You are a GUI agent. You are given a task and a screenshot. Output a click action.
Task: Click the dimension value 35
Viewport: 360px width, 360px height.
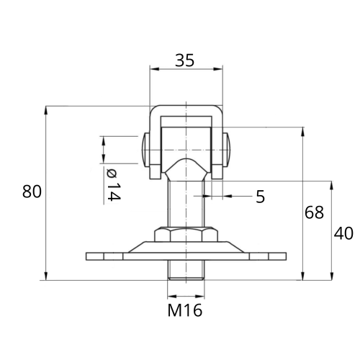point(184,60)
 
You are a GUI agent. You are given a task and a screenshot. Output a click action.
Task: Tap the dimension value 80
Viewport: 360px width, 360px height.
point(32,192)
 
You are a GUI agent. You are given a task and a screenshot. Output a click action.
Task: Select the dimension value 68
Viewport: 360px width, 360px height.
point(314,212)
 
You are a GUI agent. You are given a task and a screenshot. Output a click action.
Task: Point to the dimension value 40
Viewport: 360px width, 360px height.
point(343,233)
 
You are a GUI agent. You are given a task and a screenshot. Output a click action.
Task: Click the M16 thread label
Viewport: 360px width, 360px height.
point(185,310)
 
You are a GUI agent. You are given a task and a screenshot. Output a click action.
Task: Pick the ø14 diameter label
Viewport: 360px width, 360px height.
point(113,185)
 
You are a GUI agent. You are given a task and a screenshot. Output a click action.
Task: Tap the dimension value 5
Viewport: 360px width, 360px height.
point(260,197)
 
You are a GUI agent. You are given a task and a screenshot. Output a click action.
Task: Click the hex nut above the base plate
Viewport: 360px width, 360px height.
point(186,235)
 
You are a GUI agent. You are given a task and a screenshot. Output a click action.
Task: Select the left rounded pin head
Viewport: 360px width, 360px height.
point(145,150)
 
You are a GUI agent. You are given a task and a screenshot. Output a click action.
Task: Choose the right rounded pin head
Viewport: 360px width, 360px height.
point(227,150)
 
